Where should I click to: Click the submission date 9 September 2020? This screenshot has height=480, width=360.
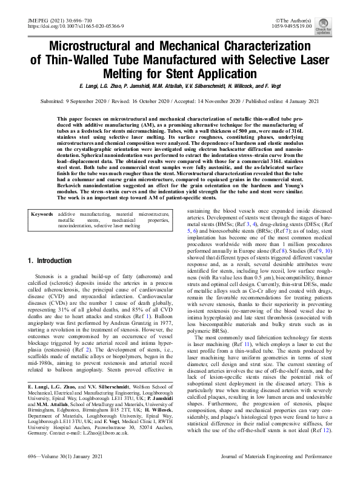coord(92,101)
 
